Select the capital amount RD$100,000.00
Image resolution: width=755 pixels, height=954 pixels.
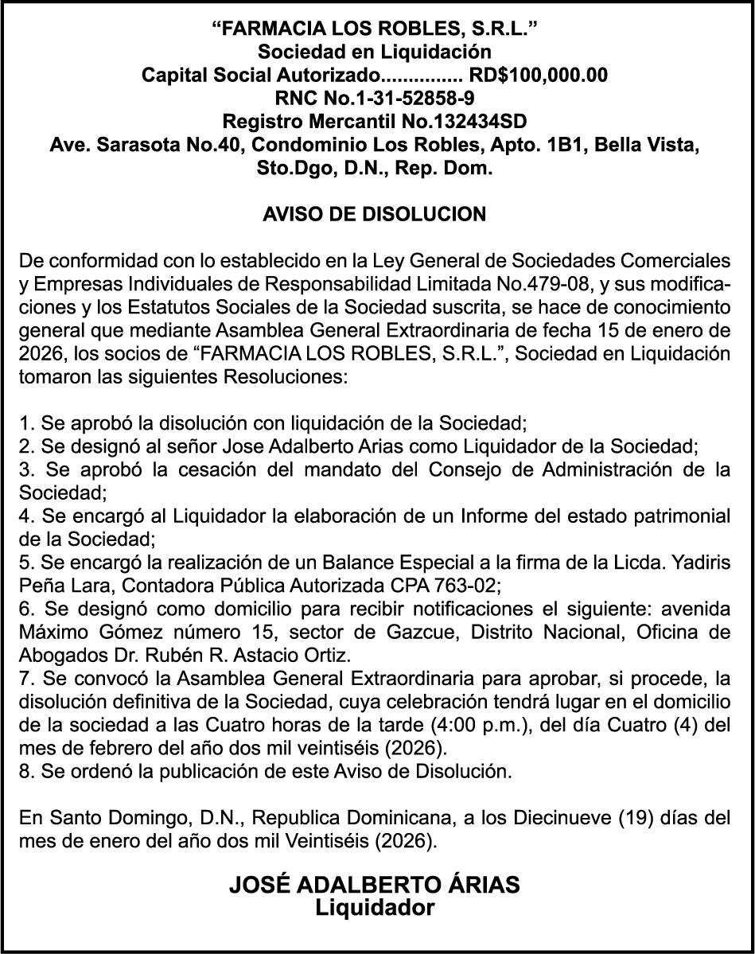pos(539,76)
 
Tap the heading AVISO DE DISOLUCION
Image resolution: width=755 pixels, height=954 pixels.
pos(374,215)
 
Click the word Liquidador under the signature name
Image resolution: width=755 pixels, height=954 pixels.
pos(375,908)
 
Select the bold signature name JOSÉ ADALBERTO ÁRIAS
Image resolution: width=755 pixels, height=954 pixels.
pos(375,885)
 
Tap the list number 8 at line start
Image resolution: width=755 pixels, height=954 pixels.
pos(24,771)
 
